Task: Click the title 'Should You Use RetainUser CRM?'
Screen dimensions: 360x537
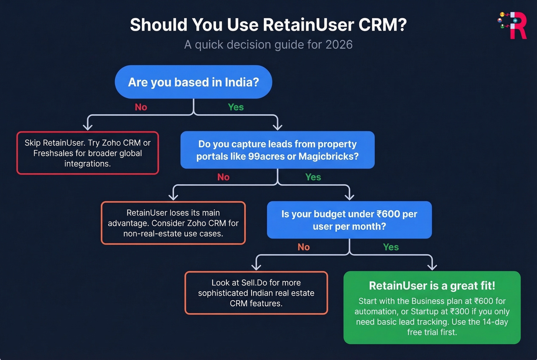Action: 268,25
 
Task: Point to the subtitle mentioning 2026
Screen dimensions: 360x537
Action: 268,44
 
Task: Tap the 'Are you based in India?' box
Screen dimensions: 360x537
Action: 193,82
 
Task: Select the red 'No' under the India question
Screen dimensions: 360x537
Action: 141,107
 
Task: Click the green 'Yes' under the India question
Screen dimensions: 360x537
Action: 236,107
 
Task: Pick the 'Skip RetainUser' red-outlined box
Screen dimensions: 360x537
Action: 87,153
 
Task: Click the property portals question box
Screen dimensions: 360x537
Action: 277,150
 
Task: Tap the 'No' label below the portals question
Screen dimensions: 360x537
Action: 223,177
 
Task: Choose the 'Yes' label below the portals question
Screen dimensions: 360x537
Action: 313,177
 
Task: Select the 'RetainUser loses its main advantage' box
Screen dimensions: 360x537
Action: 173,223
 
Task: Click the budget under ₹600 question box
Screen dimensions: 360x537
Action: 349,220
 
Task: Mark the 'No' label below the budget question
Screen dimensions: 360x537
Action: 303,247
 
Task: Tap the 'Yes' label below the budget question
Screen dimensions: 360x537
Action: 390,247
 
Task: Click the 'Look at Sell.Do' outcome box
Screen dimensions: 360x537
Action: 256,293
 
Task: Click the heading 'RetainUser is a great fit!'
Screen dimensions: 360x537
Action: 432,286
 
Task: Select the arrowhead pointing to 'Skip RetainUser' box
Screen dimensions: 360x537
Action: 88,127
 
